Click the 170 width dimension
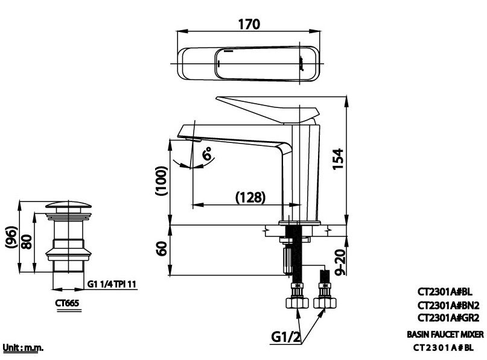pos(249,25)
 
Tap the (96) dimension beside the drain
pos(10,237)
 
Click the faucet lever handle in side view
pos(270,108)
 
